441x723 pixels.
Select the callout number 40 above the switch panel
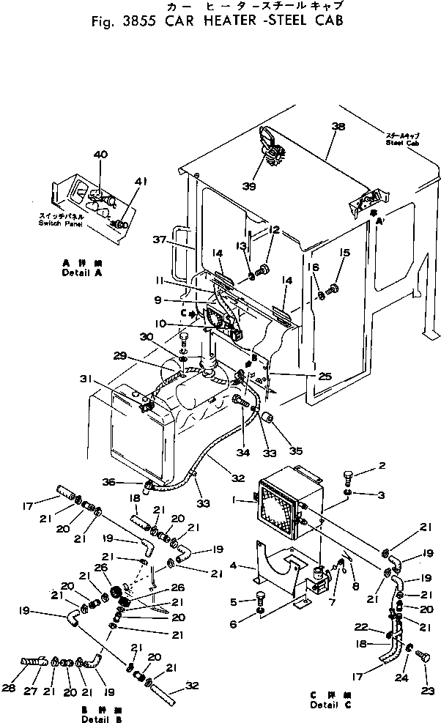click(100, 155)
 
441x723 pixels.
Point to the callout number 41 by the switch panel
click(141, 181)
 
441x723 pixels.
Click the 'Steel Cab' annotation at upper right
click(402, 143)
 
